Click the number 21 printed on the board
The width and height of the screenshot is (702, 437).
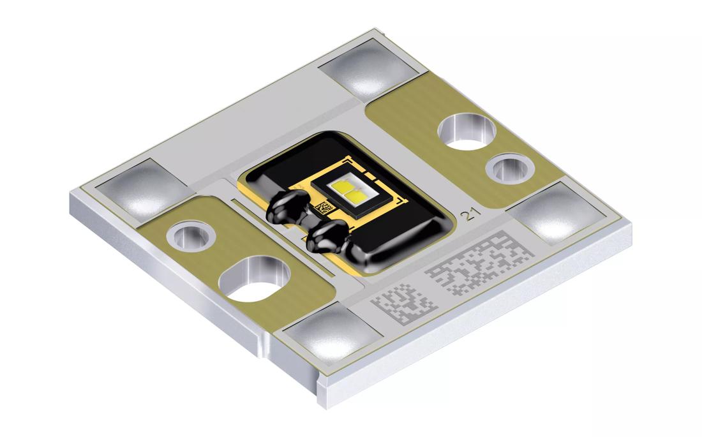click(470, 216)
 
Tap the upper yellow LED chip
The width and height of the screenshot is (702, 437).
click(340, 184)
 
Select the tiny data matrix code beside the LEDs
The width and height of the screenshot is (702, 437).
click(325, 208)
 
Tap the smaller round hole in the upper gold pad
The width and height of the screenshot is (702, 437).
click(510, 169)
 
